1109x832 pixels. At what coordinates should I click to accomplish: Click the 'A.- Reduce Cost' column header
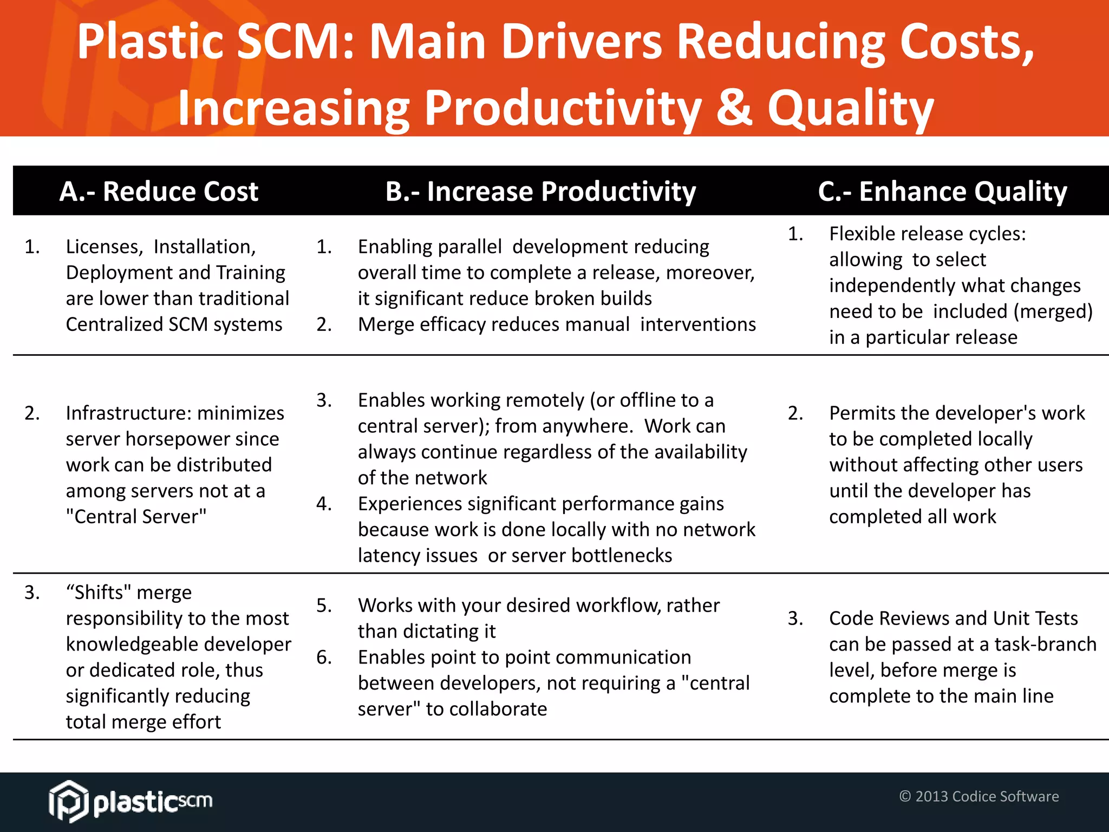click(159, 192)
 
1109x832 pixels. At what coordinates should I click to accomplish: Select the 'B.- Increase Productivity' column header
click(540, 192)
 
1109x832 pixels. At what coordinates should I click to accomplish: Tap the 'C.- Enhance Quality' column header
click(942, 192)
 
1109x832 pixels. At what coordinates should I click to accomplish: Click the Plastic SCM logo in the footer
click(131, 801)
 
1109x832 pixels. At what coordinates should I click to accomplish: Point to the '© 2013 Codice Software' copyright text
click(978, 796)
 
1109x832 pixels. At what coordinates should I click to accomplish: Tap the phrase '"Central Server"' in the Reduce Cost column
click(136, 517)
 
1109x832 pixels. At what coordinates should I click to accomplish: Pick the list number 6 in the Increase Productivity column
click(324, 658)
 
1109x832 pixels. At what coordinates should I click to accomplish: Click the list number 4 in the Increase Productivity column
click(324, 504)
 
